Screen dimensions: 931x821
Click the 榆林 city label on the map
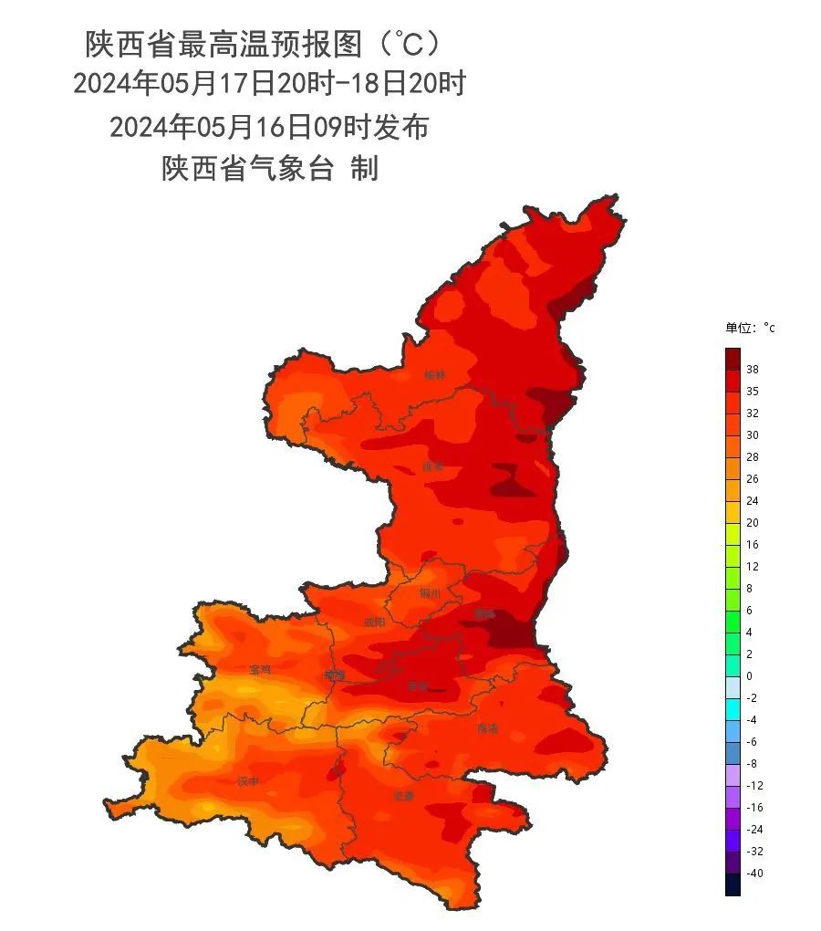pyautogui.click(x=436, y=375)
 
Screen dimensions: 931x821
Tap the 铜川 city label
pyautogui.click(x=430, y=593)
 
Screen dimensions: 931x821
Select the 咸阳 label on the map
pyautogui.click(x=375, y=622)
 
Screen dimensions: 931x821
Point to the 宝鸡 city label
pyautogui.click(x=260, y=669)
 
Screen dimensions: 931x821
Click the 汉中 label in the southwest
pyautogui.click(x=248, y=781)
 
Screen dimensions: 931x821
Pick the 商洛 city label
pyautogui.click(x=488, y=729)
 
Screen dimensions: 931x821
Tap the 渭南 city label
pyautogui.click(x=484, y=614)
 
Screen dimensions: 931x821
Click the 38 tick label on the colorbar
pyautogui.click(x=753, y=370)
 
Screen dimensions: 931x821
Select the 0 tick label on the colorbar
pyautogui.click(x=749, y=676)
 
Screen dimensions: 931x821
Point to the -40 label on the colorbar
pyautogui.click(x=753, y=873)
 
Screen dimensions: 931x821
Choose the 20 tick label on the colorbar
pyautogui.click(x=753, y=523)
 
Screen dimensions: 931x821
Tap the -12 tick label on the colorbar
pyautogui.click(x=753, y=786)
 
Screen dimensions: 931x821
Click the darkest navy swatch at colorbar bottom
pyautogui.click(x=733, y=884)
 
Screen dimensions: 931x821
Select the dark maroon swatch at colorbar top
pyautogui.click(x=733, y=359)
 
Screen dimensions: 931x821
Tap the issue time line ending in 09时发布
pyautogui.click(x=269, y=127)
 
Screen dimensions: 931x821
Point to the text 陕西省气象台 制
pyautogui.click(x=270, y=169)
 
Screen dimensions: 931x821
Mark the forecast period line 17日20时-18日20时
pyautogui.click(x=269, y=84)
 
